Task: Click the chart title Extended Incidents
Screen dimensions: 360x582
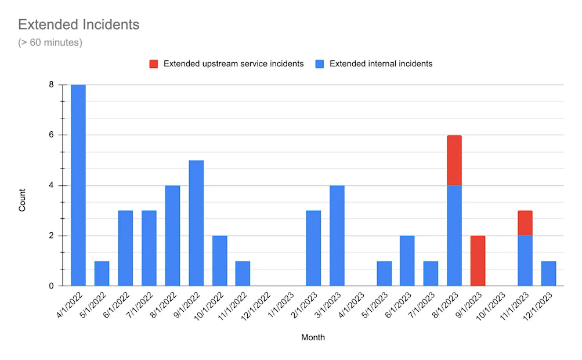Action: [78, 24]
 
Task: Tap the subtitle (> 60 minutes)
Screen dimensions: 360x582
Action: [50, 42]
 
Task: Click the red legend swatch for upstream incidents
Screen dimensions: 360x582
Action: [153, 64]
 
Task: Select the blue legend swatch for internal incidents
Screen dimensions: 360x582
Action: [320, 64]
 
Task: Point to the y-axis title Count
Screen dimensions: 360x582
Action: [23, 200]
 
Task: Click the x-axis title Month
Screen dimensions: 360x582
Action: [313, 337]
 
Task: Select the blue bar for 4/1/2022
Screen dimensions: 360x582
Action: [78, 186]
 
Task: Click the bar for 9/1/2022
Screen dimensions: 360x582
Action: [196, 224]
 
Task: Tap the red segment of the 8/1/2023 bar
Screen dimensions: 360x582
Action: [454, 160]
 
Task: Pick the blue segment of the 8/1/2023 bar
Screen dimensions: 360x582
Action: [454, 236]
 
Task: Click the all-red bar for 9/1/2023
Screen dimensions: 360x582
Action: [478, 261]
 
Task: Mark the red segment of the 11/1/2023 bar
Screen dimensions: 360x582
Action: [525, 223]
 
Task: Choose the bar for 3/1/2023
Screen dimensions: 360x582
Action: [337, 236]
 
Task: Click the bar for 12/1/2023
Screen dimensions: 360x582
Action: [548, 273]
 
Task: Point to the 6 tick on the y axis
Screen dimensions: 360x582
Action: [51, 135]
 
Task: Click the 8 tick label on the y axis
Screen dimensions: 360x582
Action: [51, 85]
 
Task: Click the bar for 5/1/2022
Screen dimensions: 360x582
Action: [102, 273]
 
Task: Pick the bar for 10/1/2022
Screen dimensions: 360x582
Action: [219, 261]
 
